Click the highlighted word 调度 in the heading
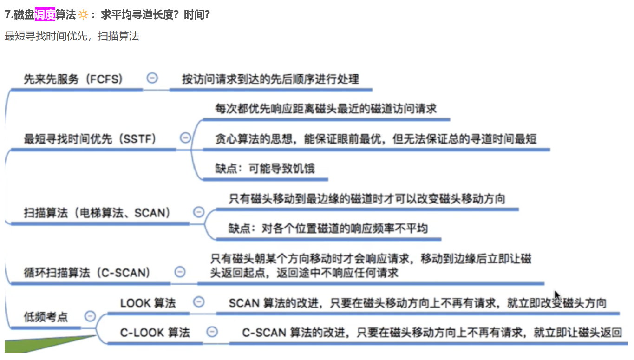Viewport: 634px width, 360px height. coord(45,15)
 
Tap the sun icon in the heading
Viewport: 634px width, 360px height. coord(83,15)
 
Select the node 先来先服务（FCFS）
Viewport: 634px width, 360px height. coord(73,79)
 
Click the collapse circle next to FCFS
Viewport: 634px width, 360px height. coord(152,79)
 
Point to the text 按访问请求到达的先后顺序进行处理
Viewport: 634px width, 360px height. coord(270,79)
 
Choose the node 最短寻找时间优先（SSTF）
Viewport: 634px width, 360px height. coord(90,138)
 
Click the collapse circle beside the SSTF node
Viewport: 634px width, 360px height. coord(185,138)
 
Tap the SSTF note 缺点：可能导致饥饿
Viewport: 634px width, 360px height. coord(264,168)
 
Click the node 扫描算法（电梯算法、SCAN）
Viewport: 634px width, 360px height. coord(97,213)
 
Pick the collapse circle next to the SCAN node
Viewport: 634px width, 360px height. coord(198,212)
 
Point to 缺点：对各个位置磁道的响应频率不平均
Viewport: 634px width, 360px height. coord(327,228)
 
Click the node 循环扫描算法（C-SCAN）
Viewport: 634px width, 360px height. coord(87,273)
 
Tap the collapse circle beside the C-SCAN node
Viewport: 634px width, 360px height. coord(179,272)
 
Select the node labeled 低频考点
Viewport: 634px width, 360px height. coord(46,317)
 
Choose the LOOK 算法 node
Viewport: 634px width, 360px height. coord(148,303)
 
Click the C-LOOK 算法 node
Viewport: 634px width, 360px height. coord(155,333)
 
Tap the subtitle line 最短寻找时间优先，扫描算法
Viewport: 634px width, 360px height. coord(72,36)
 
